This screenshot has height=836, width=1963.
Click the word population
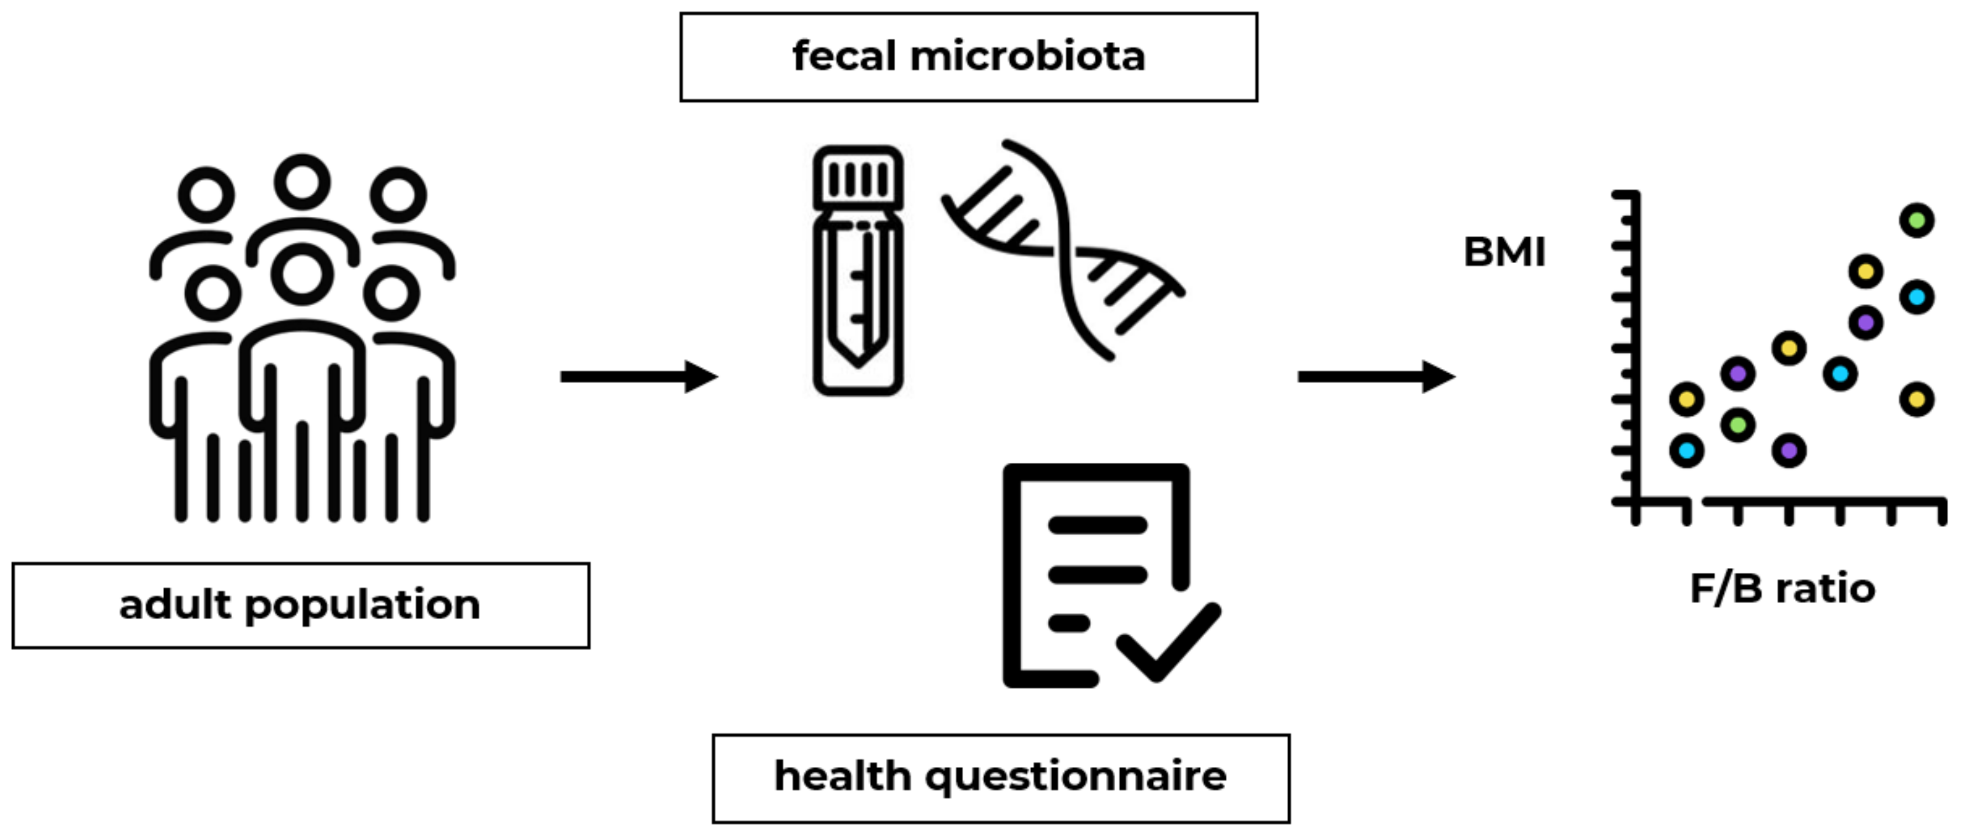coord(363,607)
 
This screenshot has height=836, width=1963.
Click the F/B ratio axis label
coord(1782,588)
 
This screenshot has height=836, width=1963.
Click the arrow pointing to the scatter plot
coord(1376,377)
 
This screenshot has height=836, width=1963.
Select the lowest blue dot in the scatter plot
coord(1686,451)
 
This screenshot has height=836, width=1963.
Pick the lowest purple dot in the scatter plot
coord(1788,451)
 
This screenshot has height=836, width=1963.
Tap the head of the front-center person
coord(302,274)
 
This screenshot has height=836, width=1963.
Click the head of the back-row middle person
coord(302,182)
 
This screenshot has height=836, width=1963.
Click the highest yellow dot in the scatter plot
coord(1866,271)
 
